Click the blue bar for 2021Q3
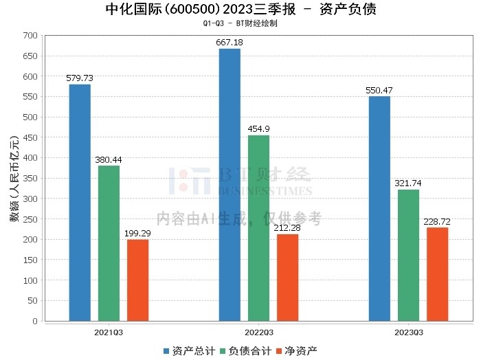80,203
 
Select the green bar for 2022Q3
258,228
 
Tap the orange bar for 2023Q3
438,274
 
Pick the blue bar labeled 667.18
230,185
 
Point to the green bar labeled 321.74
408,256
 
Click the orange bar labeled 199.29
137,280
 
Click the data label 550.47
379,91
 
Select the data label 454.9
258,129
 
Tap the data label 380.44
109,160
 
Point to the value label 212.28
287,228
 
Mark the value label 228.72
437,221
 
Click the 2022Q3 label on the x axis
259,333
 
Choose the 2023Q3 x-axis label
409,333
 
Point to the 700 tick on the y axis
30,36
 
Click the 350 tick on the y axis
30,179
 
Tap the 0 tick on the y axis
35,321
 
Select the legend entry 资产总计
190,351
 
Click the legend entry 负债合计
246,351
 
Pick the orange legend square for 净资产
279,351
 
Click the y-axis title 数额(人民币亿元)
14,179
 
